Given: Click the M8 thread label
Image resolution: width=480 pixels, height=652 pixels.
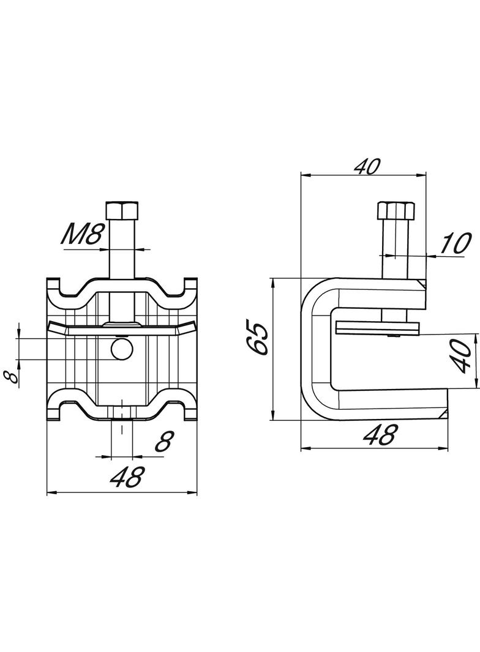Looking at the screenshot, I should (x=82, y=235).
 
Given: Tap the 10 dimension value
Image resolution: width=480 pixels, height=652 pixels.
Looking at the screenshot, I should (x=454, y=243).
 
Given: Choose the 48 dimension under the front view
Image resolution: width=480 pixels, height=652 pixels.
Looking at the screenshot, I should (x=127, y=476).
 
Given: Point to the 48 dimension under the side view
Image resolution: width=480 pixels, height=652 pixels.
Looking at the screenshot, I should (x=380, y=435).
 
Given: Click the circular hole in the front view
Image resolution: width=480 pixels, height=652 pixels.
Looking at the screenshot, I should (x=121, y=349).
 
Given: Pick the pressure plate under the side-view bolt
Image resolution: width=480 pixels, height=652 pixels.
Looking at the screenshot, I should (x=378, y=329).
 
